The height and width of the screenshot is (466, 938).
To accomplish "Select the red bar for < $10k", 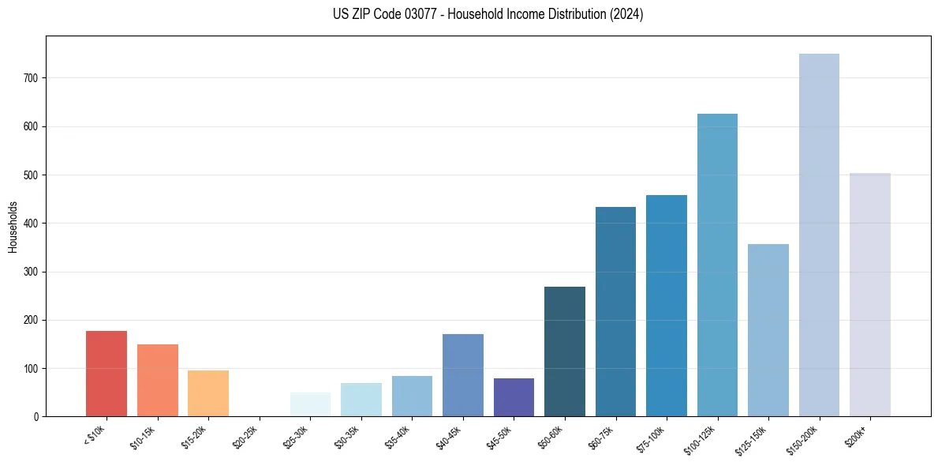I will point(107,374).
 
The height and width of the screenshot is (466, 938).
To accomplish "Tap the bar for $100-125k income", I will point(717,265).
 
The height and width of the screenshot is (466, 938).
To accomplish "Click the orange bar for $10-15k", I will point(158,380).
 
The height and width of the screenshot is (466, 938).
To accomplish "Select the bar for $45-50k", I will point(514,397).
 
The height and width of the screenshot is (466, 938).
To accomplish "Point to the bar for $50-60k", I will point(565,351).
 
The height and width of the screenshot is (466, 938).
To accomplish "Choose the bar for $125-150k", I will point(768,330).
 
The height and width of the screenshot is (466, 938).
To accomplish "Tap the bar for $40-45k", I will point(463,375).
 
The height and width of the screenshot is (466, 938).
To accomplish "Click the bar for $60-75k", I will point(615,311).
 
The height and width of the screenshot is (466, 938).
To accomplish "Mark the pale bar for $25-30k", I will point(310,404).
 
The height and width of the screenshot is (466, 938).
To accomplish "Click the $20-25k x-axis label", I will point(245,437).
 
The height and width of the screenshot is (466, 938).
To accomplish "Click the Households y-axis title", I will point(13,227).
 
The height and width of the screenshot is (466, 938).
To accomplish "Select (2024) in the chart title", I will point(626,14).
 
